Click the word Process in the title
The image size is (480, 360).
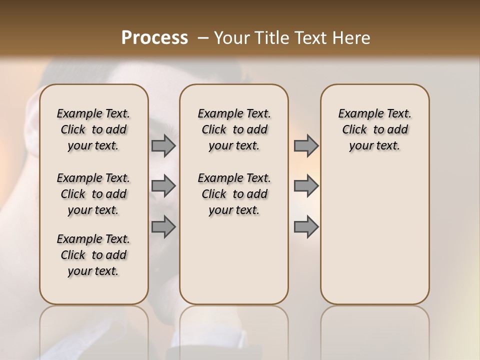[x=154, y=38]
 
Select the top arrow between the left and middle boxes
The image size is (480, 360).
[x=163, y=145]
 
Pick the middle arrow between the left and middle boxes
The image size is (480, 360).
[x=163, y=186]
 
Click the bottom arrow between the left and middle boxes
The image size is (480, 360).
[x=163, y=227]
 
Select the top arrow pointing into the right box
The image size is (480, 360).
[x=306, y=145]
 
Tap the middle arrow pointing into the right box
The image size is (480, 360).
[x=306, y=186]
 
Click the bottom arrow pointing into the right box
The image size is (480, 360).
[x=306, y=227]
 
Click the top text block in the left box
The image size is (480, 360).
[x=93, y=129]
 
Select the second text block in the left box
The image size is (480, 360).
[x=93, y=194]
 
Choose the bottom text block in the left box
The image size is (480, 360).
[x=93, y=255]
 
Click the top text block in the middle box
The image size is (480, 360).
[x=234, y=129]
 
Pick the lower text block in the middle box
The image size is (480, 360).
[x=234, y=194]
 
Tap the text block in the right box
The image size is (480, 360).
[x=374, y=129]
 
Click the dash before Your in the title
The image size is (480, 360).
[x=203, y=38]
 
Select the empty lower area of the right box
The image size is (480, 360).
[x=374, y=235]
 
